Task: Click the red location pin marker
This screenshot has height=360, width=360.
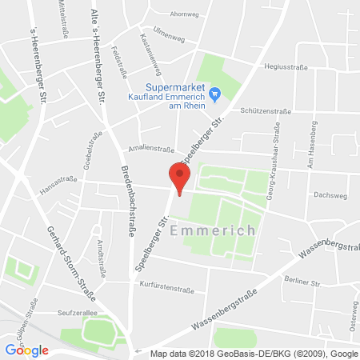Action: click(179, 177)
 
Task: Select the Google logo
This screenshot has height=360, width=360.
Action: click(27, 350)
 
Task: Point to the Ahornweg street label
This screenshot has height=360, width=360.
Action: click(185, 14)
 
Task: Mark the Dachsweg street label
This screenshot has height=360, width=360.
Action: click(329, 194)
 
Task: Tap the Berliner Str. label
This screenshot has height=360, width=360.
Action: click(302, 282)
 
